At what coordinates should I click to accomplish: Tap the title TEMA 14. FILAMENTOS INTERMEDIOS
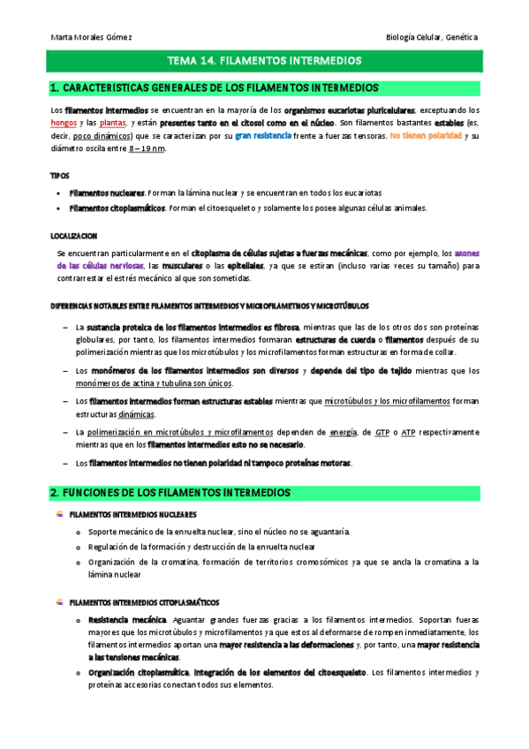pyautogui.click(x=264, y=62)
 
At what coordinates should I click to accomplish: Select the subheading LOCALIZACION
pyautogui.click(x=73, y=236)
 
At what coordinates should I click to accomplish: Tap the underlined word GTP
pyautogui.click(x=382, y=432)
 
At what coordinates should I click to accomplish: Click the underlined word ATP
pyautogui.click(x=408, y=432)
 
